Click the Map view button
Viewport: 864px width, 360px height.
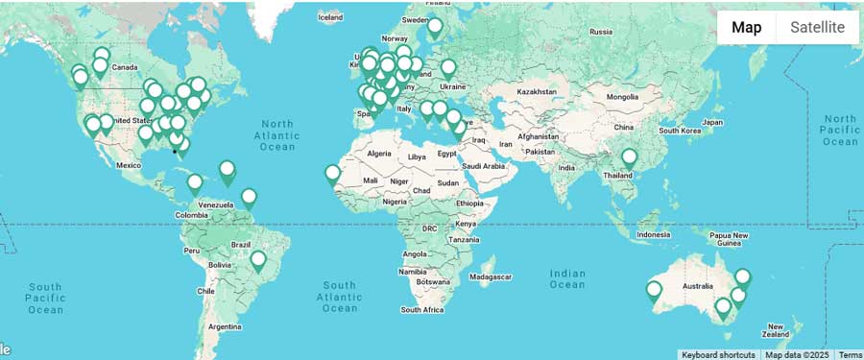click(746, 27)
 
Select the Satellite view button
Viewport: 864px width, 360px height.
click(817, 27)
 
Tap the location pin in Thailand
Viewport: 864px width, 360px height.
click(629, 158)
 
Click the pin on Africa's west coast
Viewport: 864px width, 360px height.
click(332, 175)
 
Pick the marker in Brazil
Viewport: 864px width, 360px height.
click(257, 260)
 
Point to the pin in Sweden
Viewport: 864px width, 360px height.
click(435, 27)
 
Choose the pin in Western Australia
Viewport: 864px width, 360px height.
click(655, 290)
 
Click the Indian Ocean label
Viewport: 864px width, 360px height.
click(567, 278)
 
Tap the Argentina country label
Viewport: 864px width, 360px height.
click(225, 326)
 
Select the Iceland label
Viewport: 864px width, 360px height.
click(330, 17)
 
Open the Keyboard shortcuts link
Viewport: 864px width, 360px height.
click(718, 355)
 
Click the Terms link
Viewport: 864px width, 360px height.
click(851, 355)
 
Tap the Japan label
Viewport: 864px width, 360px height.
click(712, 122)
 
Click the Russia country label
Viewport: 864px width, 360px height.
click(601, 32)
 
